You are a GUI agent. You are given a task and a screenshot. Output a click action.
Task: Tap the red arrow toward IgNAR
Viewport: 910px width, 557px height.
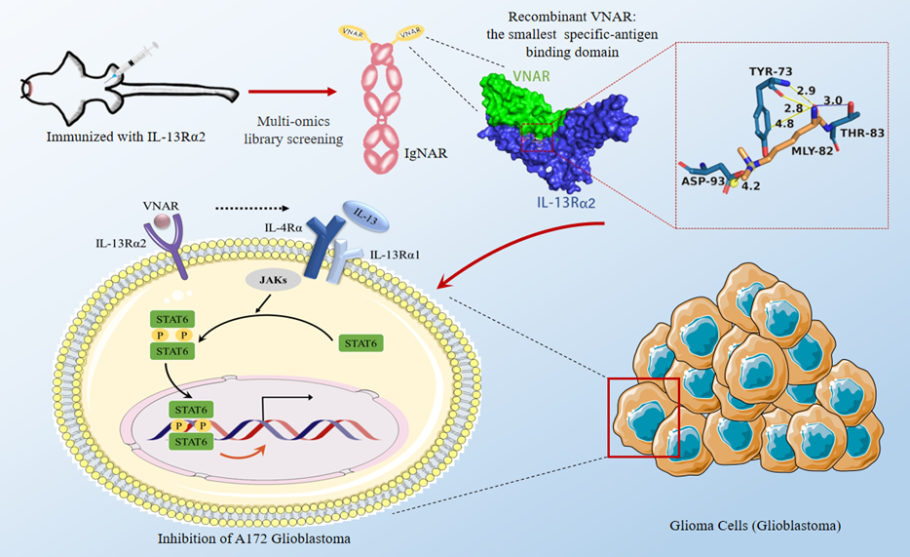(291, 91)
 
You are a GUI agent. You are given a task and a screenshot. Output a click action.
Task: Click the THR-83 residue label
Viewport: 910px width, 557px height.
(861, 132)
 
